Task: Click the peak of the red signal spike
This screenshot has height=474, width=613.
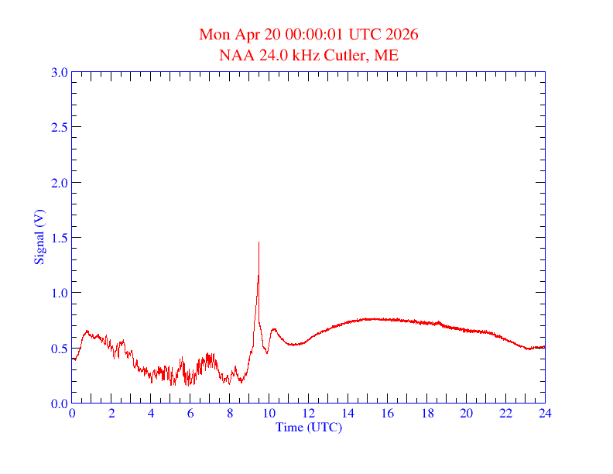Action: tap(259, 242)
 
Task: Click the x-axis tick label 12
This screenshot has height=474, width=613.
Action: tap(309, 414)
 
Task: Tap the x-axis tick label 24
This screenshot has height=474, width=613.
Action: tap(545, 414)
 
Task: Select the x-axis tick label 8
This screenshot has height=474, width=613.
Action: tap(230, 414)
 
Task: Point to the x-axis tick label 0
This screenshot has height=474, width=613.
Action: tap(72, 414)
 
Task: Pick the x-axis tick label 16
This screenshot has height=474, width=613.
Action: tap(388, 414)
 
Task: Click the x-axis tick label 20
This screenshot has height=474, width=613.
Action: tap(466, 414)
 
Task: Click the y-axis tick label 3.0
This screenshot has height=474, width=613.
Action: tap(59, 72)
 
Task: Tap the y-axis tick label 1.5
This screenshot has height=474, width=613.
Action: tap(59, 238)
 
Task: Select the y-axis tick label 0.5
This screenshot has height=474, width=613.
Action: tap(59, 349)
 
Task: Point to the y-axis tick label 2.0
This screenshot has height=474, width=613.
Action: tap(59, 183)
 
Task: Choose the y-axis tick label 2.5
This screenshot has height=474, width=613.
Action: tap(59, 127)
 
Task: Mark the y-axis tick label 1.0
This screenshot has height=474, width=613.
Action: tap(59, 293)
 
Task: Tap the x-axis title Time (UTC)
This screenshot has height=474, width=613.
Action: tap(309, 427)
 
